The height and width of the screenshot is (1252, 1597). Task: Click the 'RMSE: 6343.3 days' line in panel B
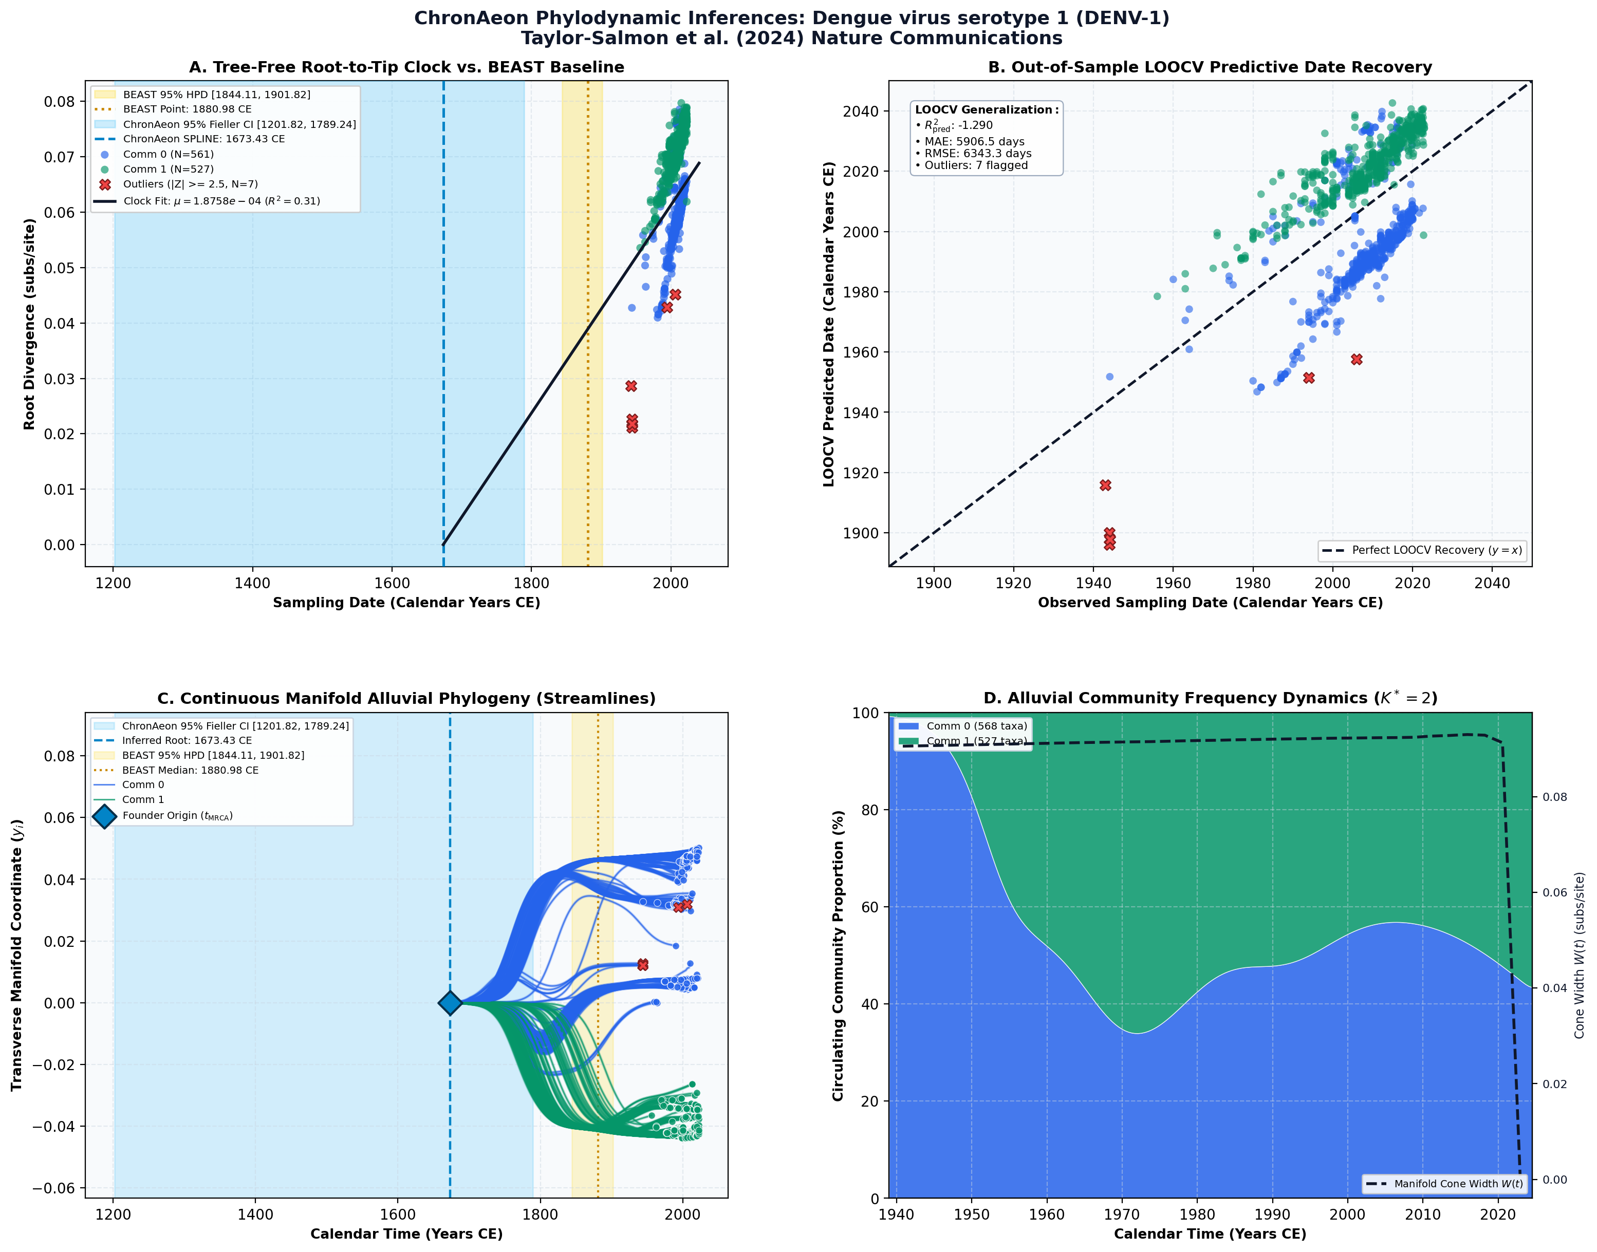tap(977, 153)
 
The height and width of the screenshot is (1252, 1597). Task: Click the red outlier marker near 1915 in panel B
tap(1105, 485)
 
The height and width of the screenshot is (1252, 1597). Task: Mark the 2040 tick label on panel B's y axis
tap(862, 111)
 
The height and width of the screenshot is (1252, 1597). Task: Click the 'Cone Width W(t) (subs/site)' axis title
tap(1580, 955)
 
